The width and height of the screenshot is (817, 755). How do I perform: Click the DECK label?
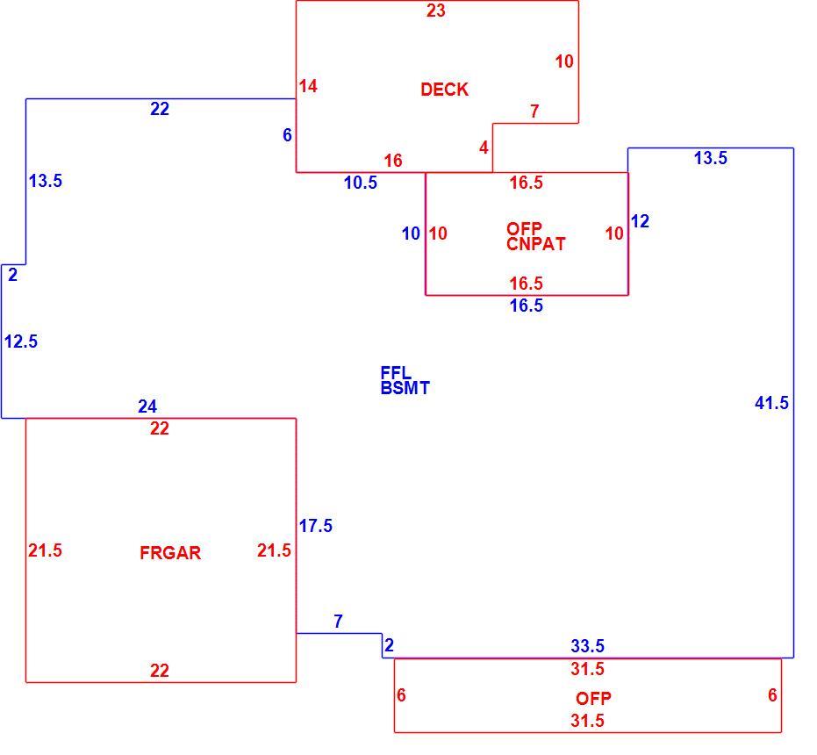pyautogui.click(x=444, y=90)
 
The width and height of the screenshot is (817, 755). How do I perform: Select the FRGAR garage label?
pyautogui.click(x=170, y=553)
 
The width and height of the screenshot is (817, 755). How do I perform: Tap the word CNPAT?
pyautogui.click(x=536, y=244)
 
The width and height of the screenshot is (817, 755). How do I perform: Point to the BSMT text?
pyautogui.click(x=405, y=388)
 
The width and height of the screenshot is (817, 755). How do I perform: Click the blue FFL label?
pyautogui.click(x=396, y=372)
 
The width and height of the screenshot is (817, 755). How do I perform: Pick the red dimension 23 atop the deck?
pyautogui.click(x=436, y=11)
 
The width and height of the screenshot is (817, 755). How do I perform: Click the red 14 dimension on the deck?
pyautogui.click(x=308, y=86)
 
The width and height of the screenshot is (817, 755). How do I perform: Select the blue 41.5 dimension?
pyautogui.click(x=771, y=403)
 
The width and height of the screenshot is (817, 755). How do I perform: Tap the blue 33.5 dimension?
pyautogui.click(x=588, y=646)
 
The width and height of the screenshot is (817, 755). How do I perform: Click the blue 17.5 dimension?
pyautogui.click(x=316, y=526)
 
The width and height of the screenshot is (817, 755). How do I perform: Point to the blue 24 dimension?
pyautogui.click(x=147, y=406)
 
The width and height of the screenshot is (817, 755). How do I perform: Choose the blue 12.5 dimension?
pyautogui.click(x=21, y=342)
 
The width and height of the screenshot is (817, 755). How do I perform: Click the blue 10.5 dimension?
pyautogui.click(x=361, y=183)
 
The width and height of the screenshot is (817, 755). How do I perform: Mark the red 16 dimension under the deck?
pyautogui.click(x=393, y=161)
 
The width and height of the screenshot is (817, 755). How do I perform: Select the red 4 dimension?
pyautogui.click(x=484, y=147)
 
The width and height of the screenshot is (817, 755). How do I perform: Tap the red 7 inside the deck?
pyautogui.click(x=534, y=111)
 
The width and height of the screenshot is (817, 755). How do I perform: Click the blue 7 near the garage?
pyautogui.click(x=338, y=621)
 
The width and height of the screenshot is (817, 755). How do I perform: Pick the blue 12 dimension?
pyautogui.click(x=640, y=221)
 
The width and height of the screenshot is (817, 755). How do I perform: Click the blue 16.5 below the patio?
pyautogui.click(x=527, y=306)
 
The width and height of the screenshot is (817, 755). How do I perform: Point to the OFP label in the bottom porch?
pyautogui.click(x=593, y=698)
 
